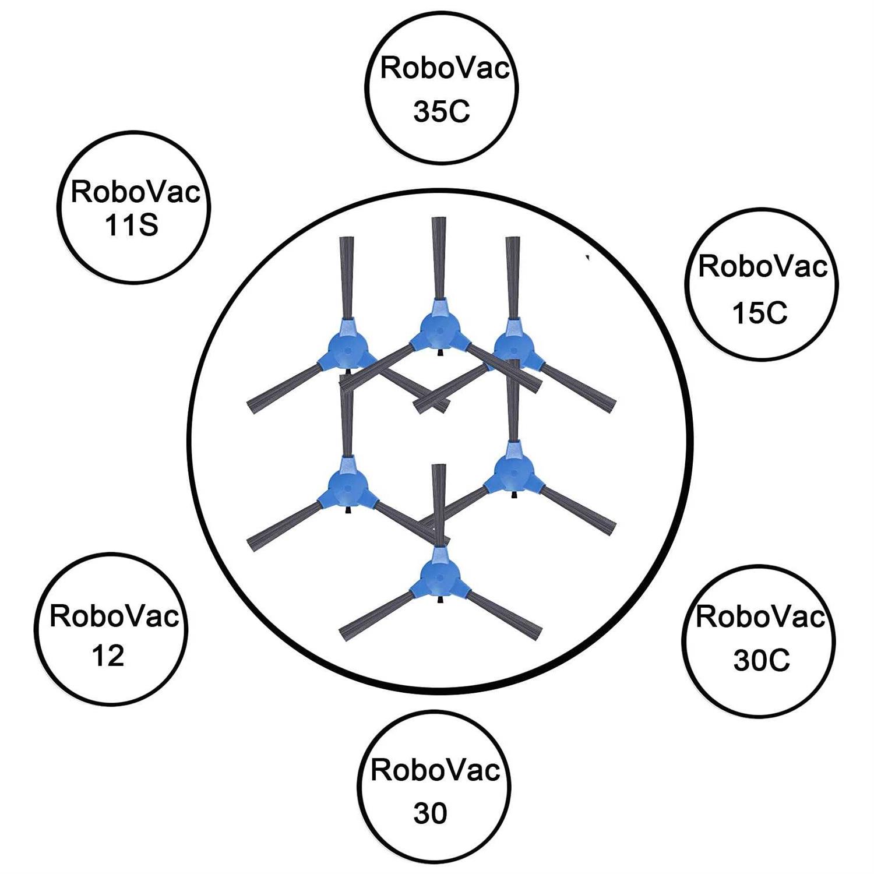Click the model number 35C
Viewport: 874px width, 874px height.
tap(441, 112)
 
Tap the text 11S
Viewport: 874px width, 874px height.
tap(132, 225)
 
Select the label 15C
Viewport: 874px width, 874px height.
tap(760, 313)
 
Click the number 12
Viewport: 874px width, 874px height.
tap(108, 656)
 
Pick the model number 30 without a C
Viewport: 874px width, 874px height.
tap(430, 813)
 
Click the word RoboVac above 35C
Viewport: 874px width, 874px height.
tap(445, 69)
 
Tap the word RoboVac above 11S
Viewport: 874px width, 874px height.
tap(135, 192)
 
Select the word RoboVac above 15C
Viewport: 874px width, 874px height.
tap(763, 267)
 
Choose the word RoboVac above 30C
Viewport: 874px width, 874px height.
tap(760, 617)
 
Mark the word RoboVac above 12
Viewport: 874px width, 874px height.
tap(114, 616)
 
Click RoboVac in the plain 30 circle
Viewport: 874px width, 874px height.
tap(435, 770)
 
